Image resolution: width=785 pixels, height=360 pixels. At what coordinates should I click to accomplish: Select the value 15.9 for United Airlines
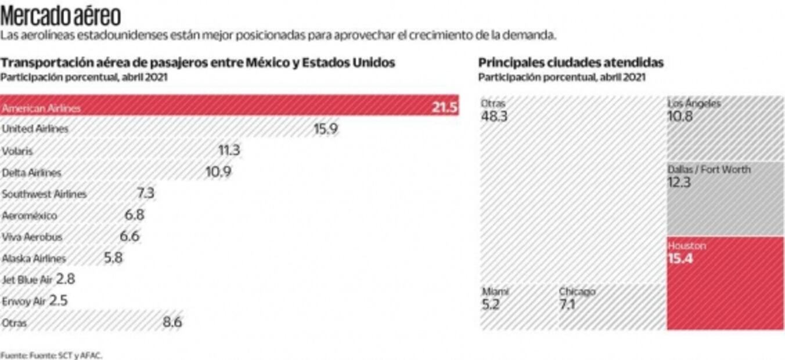point(326,129)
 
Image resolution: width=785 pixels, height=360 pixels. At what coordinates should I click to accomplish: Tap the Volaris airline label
point(17,151)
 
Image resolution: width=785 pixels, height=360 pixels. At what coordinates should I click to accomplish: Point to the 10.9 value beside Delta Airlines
point(217,172)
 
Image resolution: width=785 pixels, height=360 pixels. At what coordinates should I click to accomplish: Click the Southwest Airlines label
point(44,194)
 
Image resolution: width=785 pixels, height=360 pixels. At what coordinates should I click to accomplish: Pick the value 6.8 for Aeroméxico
point(134,215)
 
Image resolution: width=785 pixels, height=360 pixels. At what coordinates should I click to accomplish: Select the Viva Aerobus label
point(32,237)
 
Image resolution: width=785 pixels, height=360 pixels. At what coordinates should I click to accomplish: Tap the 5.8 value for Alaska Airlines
point(113,258)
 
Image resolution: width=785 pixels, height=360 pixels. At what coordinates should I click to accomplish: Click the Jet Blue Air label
point(27,279)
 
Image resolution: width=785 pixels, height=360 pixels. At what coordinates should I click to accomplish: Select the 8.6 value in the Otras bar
point(172,322)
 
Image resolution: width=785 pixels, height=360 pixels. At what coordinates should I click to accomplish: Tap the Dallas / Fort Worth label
point(709,170)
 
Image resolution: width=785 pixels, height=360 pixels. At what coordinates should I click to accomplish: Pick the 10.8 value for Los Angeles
point(680,116)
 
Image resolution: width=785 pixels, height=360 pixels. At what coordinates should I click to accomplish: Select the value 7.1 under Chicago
point(567,304)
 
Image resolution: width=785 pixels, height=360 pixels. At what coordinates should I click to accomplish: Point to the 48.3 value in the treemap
point(494,116)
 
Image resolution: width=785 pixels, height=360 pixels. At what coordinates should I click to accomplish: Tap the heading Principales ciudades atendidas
point(571,63)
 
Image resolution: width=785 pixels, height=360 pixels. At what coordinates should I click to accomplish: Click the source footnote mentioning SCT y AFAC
point(51,355)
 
